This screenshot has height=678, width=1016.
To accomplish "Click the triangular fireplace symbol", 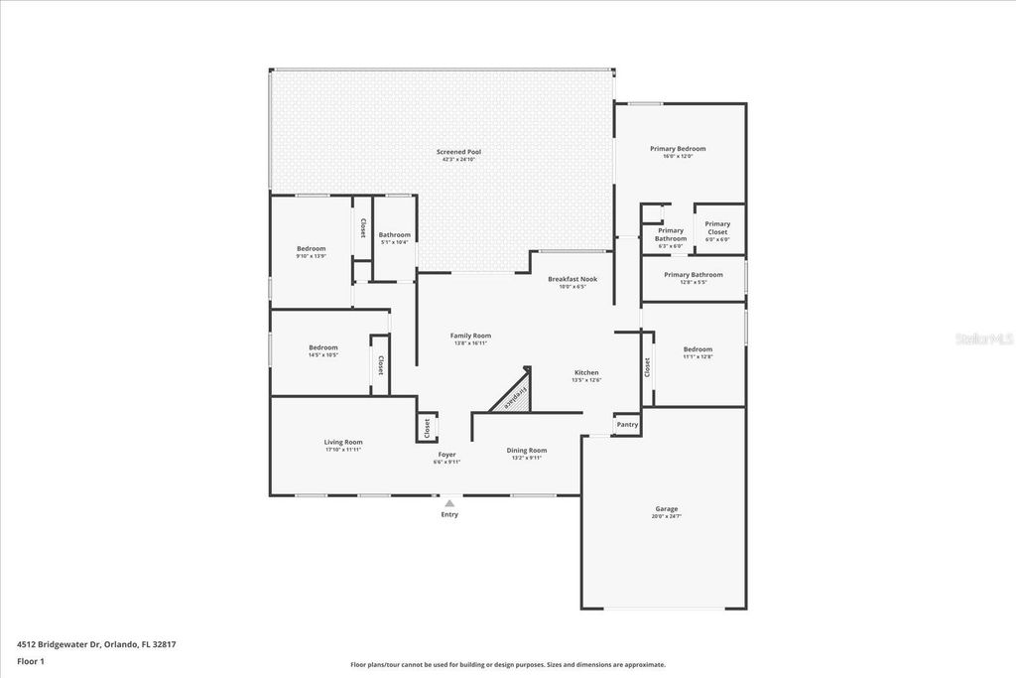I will click(515, 396).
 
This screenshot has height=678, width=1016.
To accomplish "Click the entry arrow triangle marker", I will click(449, 503).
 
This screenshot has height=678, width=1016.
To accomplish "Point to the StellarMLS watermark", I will click(983, 339).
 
